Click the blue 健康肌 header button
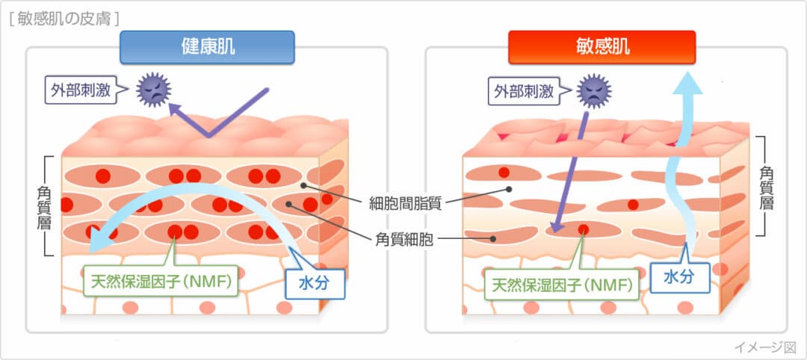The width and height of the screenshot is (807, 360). tap(207, 46)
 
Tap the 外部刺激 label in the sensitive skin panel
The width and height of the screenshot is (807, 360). tap(524, 91)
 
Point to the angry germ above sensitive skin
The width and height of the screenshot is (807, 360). tap(595, 90)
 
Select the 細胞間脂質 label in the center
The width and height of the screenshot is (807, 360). tap(405, 202)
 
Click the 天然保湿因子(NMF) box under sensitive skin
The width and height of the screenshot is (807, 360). tap(561, 285)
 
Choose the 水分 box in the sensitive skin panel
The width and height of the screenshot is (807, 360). tap(679, 276)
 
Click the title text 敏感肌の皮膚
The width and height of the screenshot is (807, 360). tap(64, 16)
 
